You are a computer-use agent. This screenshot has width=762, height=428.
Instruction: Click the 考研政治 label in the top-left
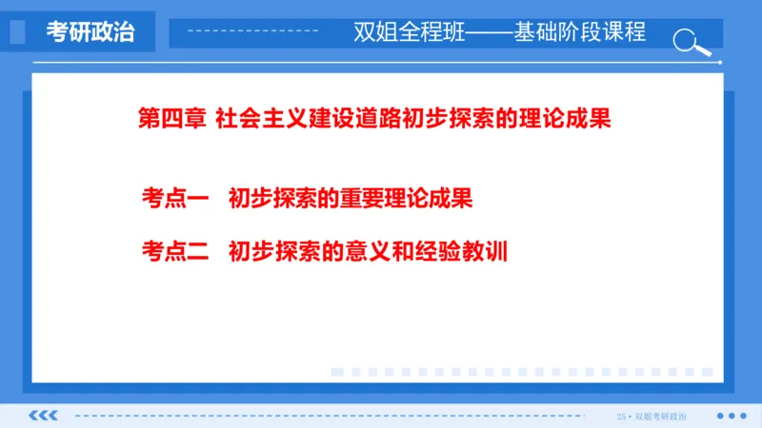coord(90,32)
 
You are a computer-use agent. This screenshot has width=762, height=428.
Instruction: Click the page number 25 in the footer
coord(622,416)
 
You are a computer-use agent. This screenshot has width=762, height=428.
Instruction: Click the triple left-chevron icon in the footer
coord(44,416)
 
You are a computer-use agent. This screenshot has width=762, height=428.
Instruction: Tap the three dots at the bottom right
coord(731,416)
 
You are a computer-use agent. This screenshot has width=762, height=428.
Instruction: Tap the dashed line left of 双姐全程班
coord(251,32)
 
